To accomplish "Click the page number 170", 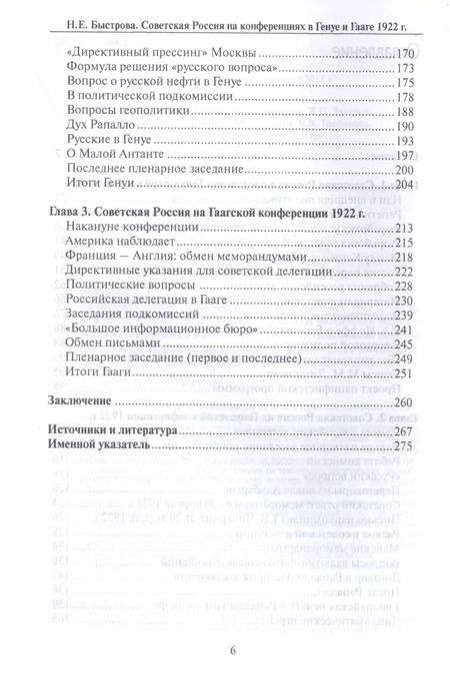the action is tap(403, 50).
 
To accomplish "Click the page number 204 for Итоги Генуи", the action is tap(403, 186).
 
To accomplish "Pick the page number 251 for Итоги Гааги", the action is tap(403, 373).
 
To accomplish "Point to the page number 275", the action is tap(403, 446).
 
